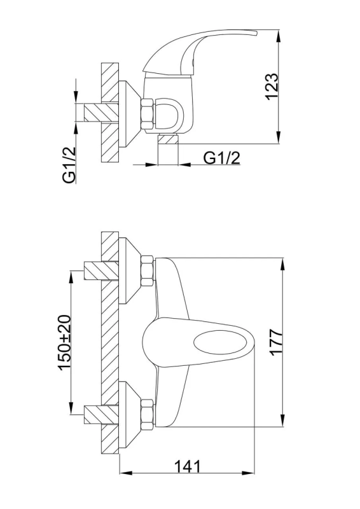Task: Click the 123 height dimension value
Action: pos(272,87)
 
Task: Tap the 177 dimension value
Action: pos(277,342)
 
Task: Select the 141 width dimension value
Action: pos(188,467)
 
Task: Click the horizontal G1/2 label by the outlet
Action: pos(222,158)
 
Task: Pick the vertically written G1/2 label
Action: pos(69,165)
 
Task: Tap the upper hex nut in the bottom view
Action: pos(148,272)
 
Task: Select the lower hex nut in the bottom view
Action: pos(148,415)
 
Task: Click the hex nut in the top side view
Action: pos(148,116)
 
